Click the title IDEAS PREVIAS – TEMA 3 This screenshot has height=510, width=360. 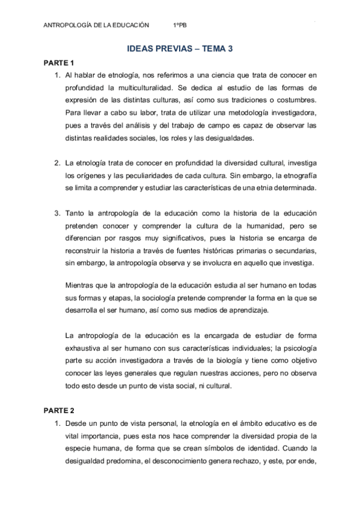tap(180, 51)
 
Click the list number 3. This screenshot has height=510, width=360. tap(57, 214)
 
